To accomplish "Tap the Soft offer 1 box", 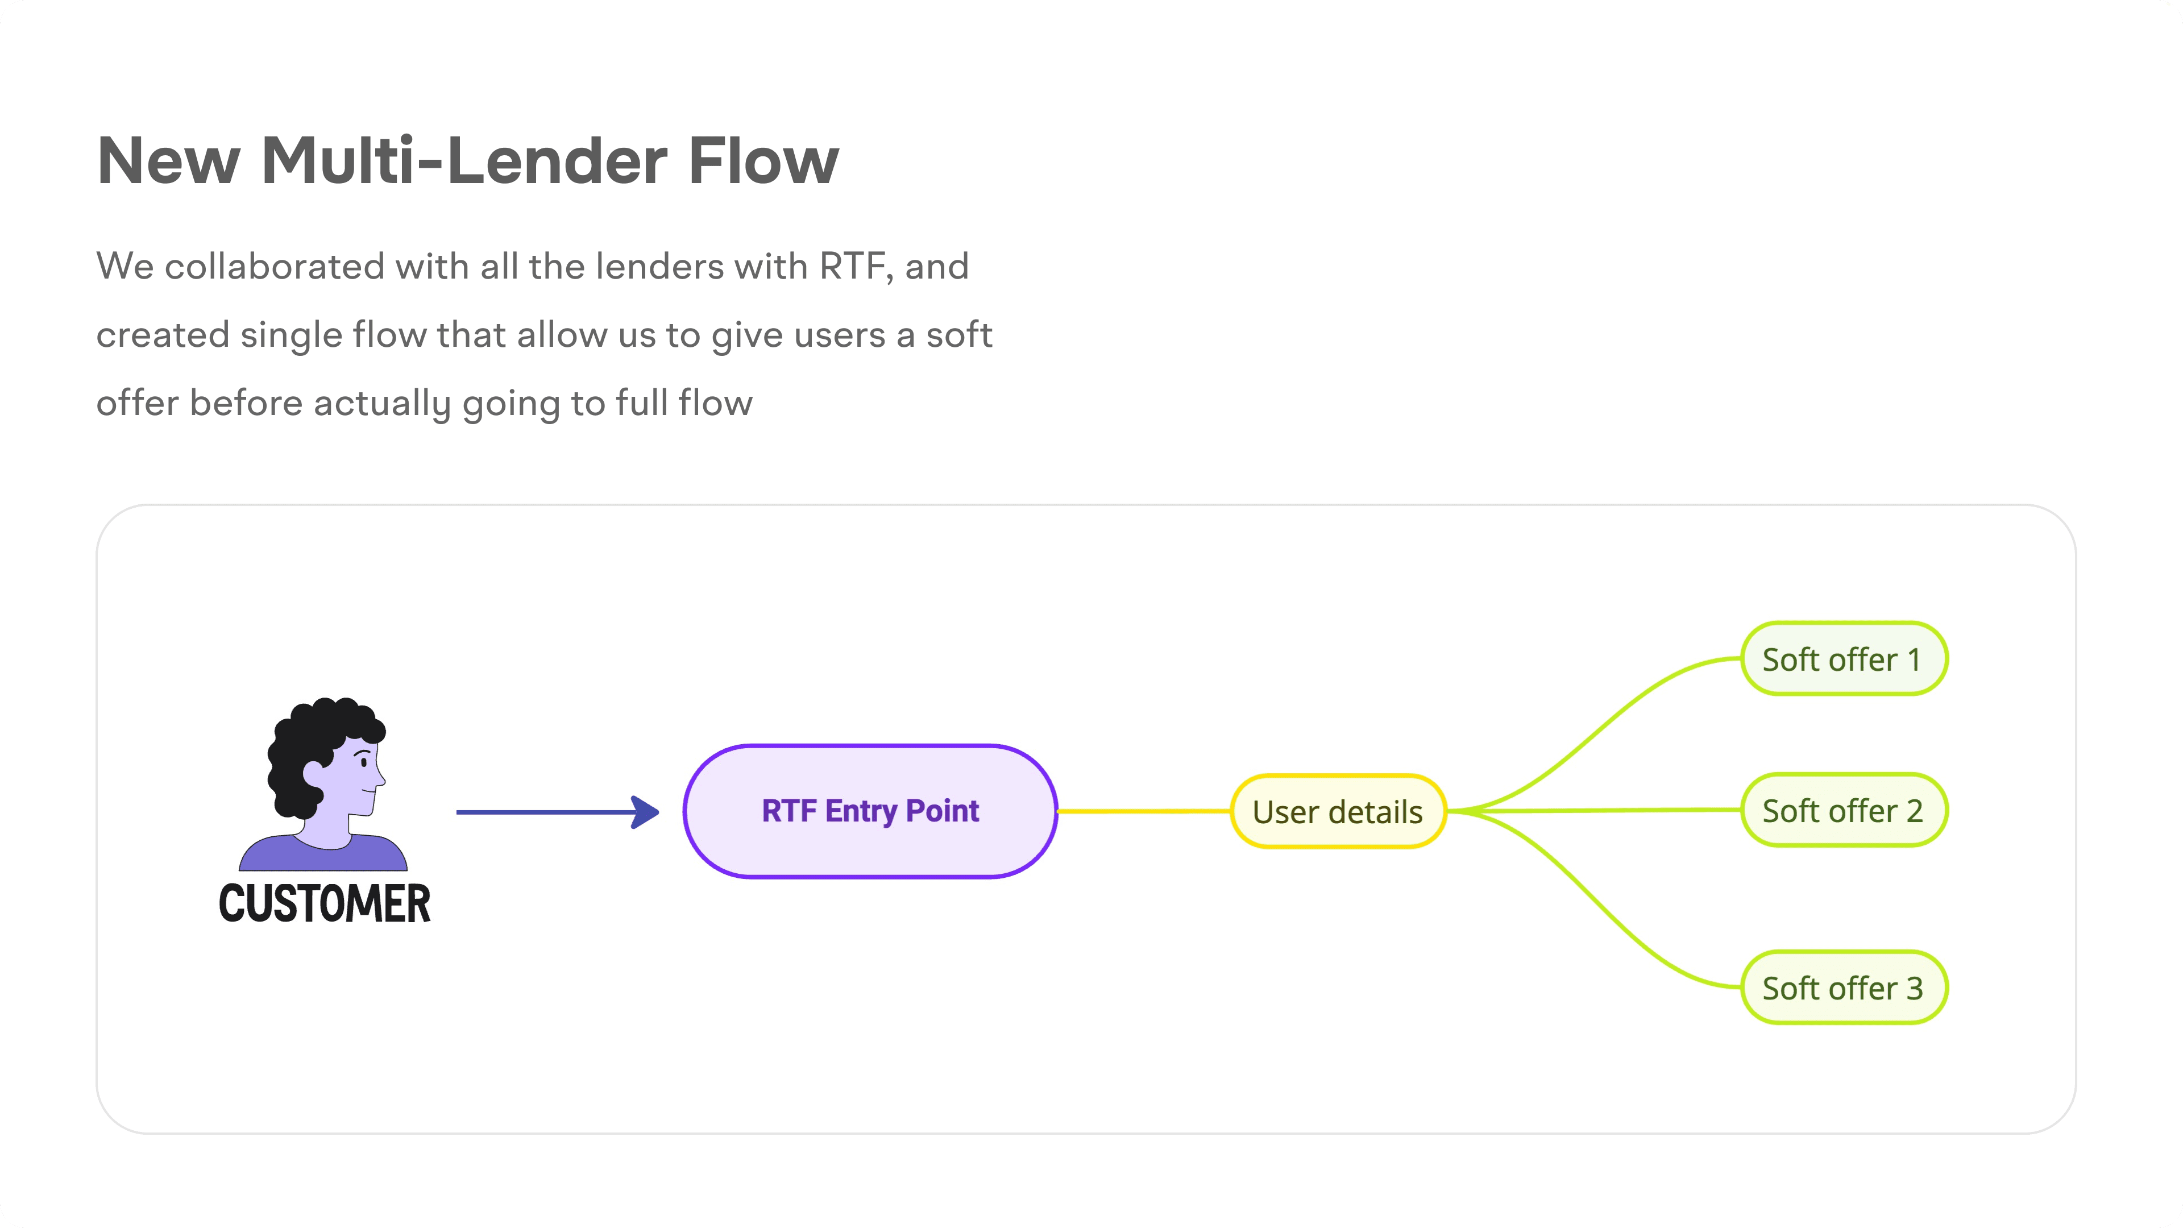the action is (x=1844, y=658).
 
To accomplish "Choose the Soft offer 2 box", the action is (x=1844, y=810).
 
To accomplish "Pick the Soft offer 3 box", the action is (x=1844, y=988).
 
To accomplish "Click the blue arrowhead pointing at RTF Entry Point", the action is (x=646, y=812).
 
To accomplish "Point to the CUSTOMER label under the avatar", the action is (x=325, y=903).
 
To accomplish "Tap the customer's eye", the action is (x=364, y=763).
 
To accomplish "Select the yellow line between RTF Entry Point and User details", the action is (x=1144, y=811).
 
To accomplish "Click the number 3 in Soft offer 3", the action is (x=1914, y=988).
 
